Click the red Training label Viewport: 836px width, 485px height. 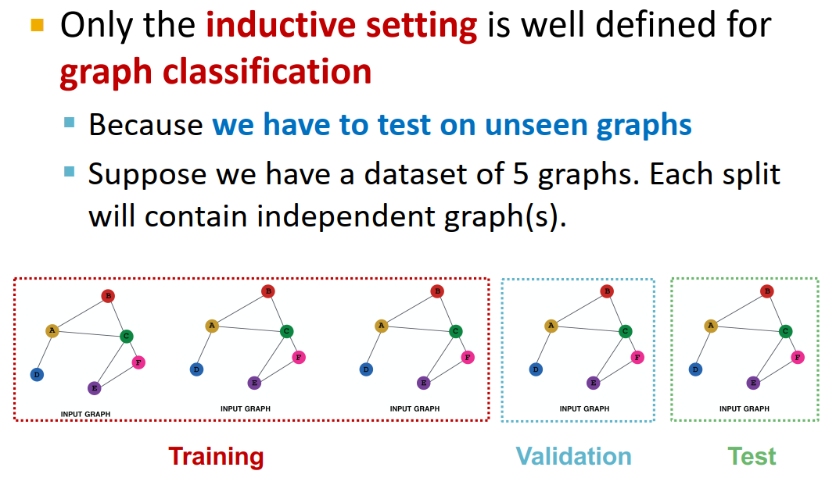[x=216, y=456]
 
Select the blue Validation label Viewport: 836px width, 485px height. [x=573, y=456]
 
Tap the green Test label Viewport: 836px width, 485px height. [x=752, y=456]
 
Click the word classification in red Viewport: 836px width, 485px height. [x=267, y=72]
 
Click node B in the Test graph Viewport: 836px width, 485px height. [x=767, y=291]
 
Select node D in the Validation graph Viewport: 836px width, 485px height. [x=536, y=369]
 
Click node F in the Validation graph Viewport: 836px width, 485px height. [x=637, y=357]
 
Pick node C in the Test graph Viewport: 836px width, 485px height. [x=785, y=332]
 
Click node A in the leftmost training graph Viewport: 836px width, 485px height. [x=52, y=331]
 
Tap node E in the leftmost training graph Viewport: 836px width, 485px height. [x=94, y=387]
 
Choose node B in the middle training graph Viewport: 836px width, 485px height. [x=267, y=291]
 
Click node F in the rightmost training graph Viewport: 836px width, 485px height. [x=468, y=357]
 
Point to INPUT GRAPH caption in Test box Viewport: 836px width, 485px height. [x=744, y=408]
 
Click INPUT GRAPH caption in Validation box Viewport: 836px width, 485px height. [x=584, y=408]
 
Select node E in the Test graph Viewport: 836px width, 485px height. [x=753, y=383]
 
